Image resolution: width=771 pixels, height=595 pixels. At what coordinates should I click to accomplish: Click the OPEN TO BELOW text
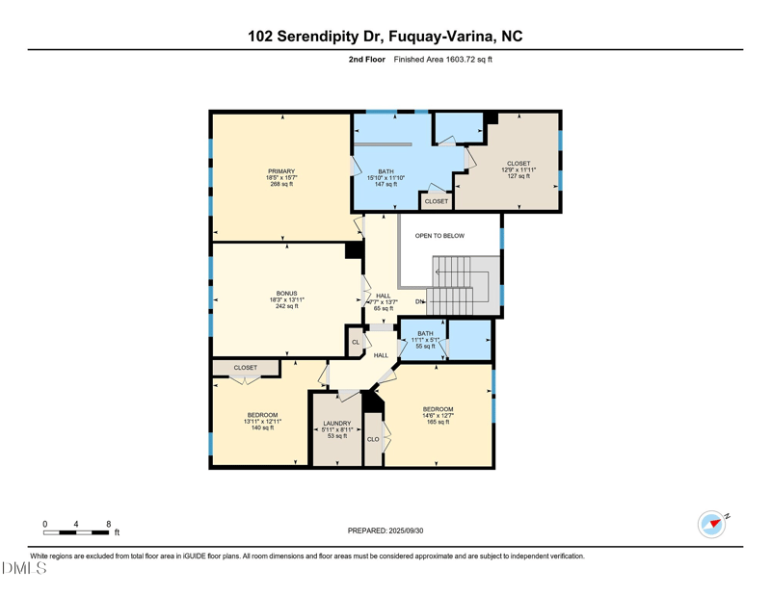[439, 236]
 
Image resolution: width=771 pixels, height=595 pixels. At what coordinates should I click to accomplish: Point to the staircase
[463, 286]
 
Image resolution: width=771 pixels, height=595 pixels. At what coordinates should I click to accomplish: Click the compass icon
[712, 524]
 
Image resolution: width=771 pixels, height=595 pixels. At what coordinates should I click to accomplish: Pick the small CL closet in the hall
[356, 342]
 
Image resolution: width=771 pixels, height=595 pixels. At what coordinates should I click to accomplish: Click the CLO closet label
[373, 439]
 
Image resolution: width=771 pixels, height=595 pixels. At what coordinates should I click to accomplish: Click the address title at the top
[385, 37]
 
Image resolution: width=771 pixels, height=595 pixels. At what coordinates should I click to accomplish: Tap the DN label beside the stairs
[419, 302]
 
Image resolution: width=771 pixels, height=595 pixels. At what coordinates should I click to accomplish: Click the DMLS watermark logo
[24, 568]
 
